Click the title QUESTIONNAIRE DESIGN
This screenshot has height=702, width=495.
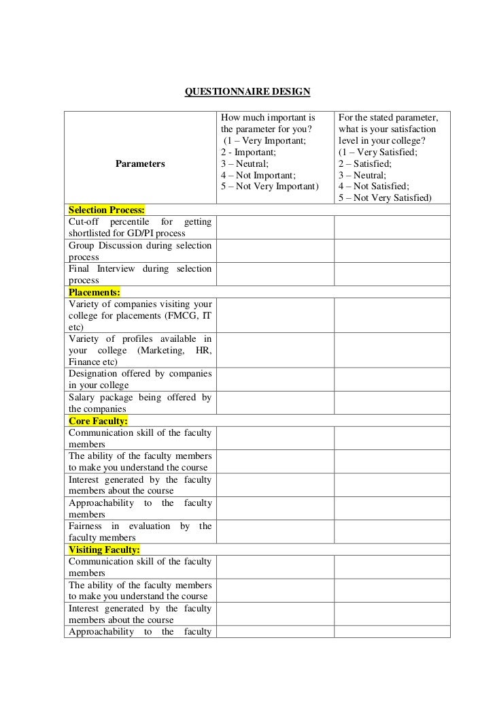(247, 91)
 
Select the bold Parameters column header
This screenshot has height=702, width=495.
(140, 163)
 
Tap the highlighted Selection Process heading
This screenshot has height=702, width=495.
(107, 209)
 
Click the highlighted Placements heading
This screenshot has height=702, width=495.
(95, 292)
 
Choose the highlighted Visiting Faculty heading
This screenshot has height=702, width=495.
(104, 549)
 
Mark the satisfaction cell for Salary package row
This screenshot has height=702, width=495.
(392, 403)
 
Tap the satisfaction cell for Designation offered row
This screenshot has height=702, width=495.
(392, 379)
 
